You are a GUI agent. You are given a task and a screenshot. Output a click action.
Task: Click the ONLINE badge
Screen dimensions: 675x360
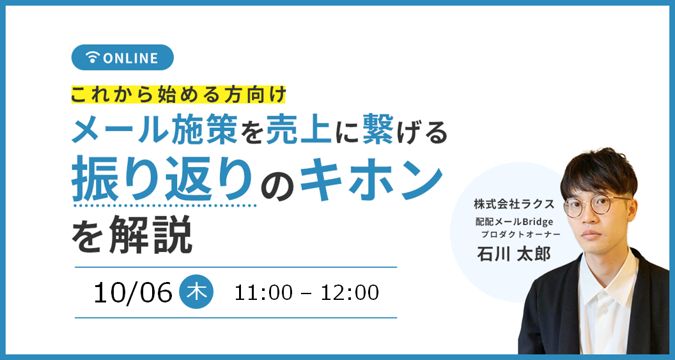[x=122, y=58]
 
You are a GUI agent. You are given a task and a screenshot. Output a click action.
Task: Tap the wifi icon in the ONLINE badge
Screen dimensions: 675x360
[x=92, y=58]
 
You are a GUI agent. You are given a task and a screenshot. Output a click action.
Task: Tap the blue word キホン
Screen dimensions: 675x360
[x=371, y=179]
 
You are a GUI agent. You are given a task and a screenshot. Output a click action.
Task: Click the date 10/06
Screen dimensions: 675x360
[x=133, y=293]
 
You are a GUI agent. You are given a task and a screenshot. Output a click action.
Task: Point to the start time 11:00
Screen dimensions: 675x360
[x=263, y=293]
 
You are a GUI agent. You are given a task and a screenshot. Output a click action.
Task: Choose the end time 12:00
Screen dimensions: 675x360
[x=350, y=293]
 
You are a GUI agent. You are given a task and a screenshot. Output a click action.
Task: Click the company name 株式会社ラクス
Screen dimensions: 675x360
[x=513, y=204]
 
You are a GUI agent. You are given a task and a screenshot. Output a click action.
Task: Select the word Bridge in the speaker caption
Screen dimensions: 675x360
[x=536, y=221]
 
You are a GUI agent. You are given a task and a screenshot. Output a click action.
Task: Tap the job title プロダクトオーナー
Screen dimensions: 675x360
[x=520, y=235]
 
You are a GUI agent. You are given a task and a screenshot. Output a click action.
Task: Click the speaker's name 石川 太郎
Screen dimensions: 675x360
[x=513, y=254]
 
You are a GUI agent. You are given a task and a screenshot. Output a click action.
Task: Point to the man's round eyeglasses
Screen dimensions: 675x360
[x=596, y=206]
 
